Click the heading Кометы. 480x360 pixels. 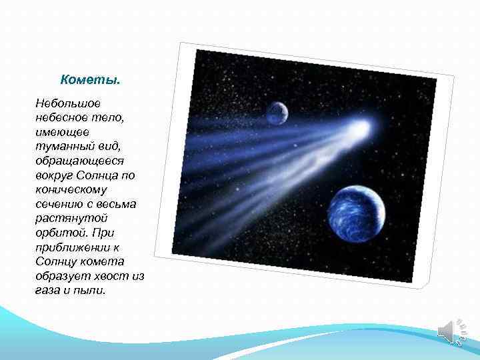coord(91,80)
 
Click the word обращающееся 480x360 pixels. coord(77,161)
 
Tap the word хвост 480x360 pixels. coord(111,275)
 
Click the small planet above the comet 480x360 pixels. coord(277,113)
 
